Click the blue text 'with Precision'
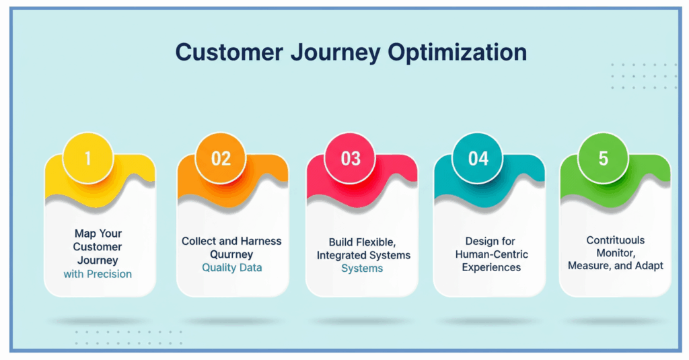point(98,274)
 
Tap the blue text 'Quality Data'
point(231,267)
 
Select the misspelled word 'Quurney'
point(232,254)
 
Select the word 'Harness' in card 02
point(262,241)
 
